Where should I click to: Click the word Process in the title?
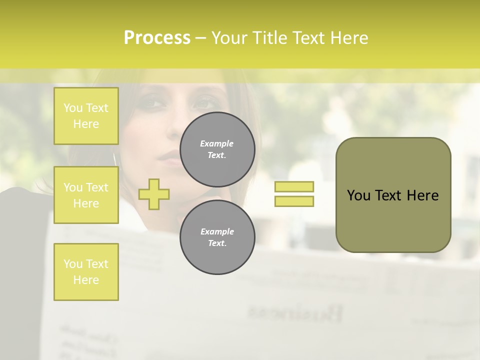[x=157, y=38]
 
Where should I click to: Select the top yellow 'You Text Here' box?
[x=86, y=116]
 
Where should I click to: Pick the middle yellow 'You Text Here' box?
[x=86, y=195]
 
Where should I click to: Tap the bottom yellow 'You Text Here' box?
[x=86, y=271]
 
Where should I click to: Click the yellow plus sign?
[x=154, y=194]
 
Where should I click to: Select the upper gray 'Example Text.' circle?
[x=217, y=149]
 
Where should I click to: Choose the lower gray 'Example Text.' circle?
[x=217, y=237]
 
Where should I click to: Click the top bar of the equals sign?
[x=294, y=186]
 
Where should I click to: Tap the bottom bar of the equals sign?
[x=294, y=201]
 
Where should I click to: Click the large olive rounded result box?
[x=393, y=195]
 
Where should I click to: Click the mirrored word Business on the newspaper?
[x=295, y=313]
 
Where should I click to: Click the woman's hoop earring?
[x=115, y=159]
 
